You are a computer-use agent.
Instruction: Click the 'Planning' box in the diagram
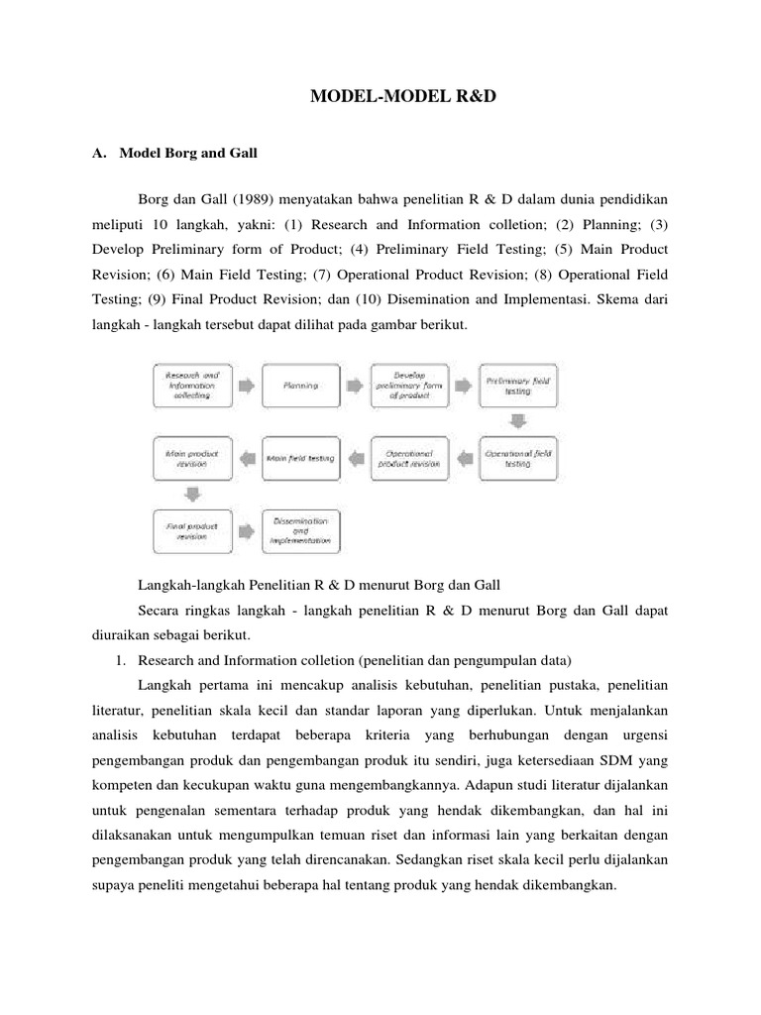[301, 386]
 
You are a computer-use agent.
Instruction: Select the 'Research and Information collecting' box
[193, 386]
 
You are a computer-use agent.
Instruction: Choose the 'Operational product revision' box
[408, 457]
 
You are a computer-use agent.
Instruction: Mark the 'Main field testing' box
[301, 457]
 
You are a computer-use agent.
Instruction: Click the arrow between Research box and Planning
[248, 386]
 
